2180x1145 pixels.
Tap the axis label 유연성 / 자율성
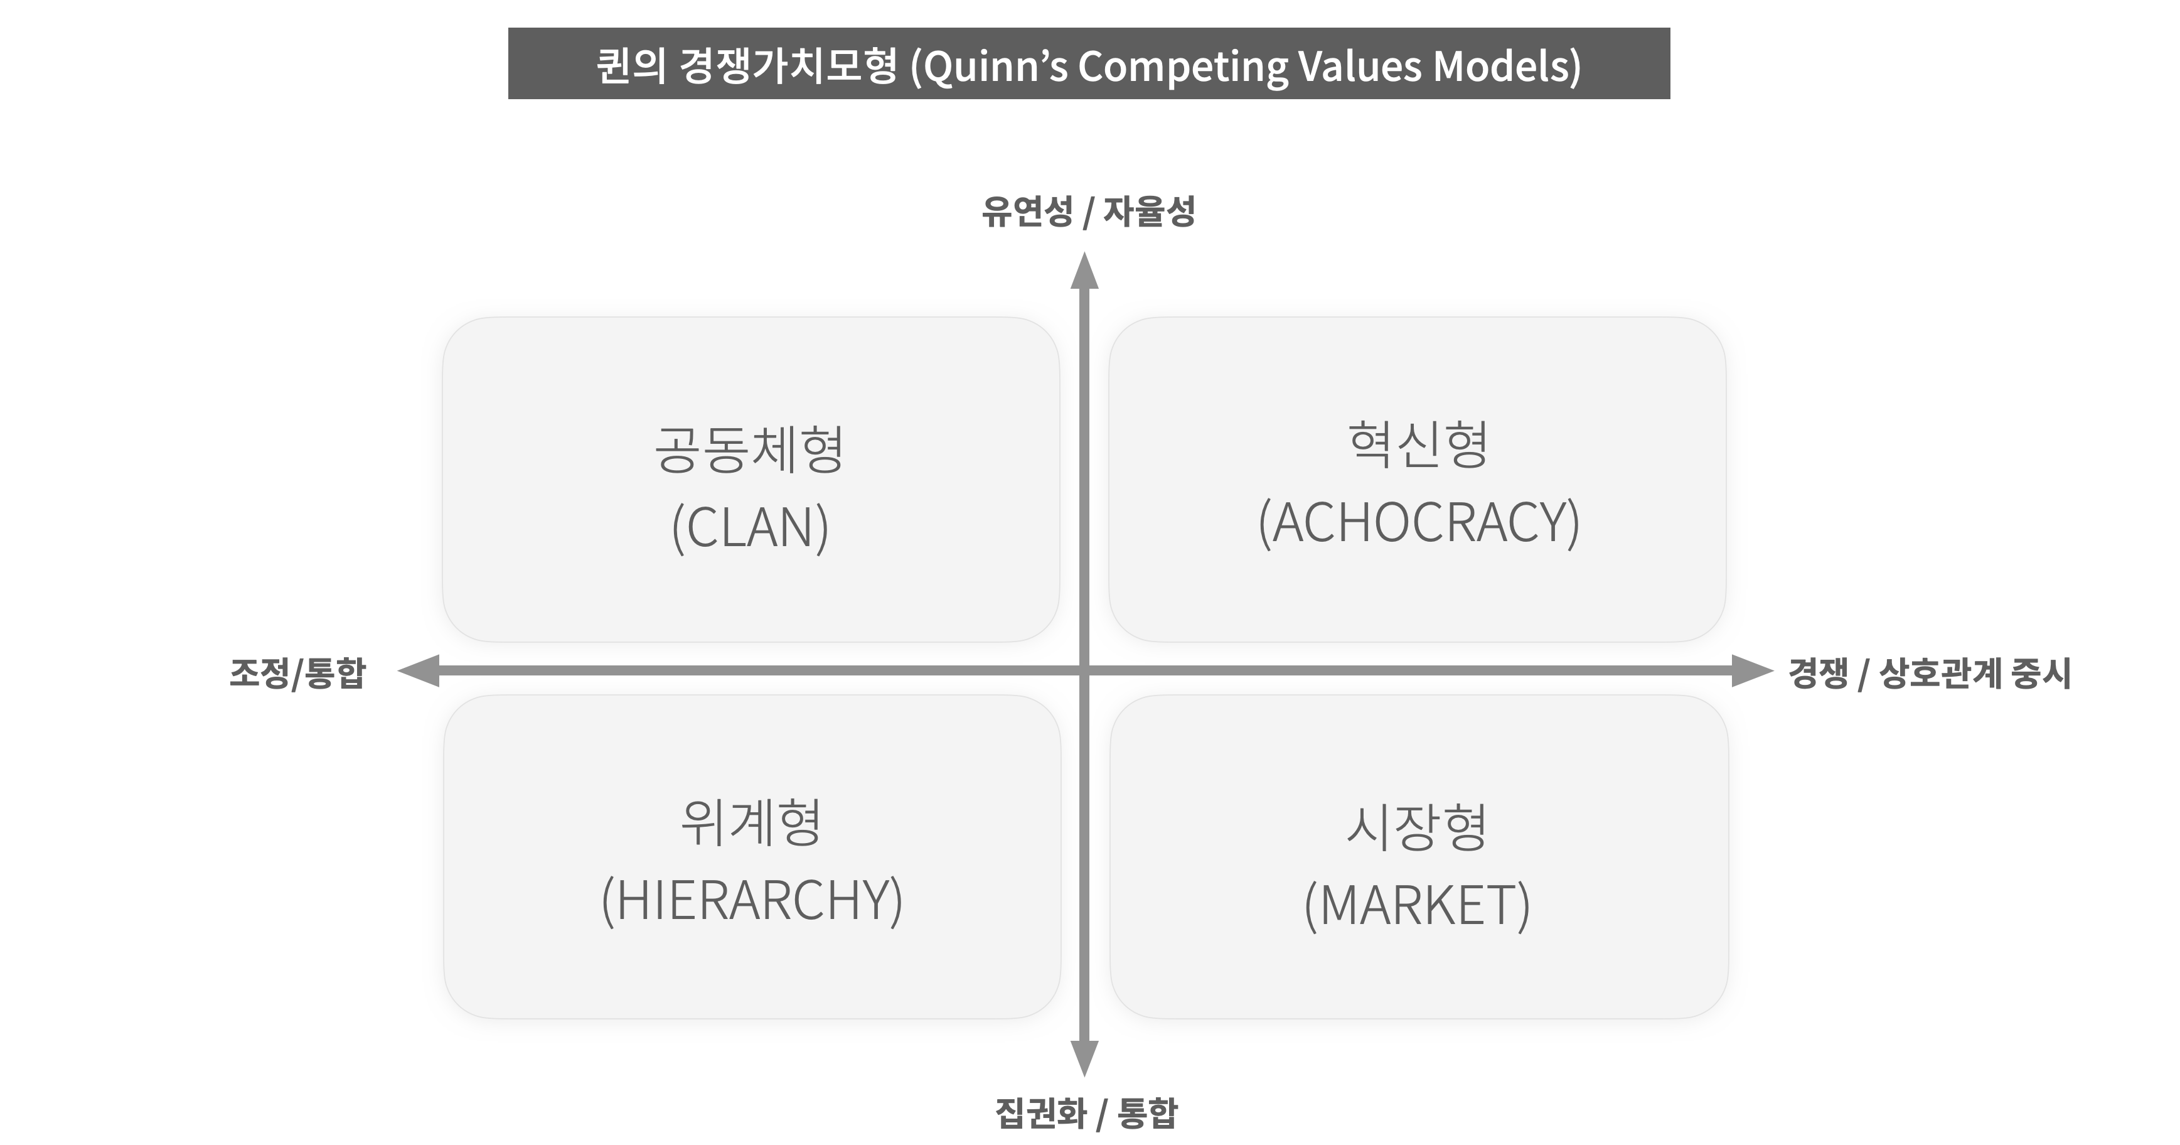[x=1087, y=211]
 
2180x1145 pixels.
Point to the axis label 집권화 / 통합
[x=1086, y=1113]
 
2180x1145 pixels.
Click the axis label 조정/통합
[x=297, y=674]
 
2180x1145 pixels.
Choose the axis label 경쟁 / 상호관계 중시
[x=1928, y=674]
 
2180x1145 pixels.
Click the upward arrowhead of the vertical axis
[x=1084, y=271]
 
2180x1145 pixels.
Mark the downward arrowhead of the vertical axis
[x=1084, y=1058]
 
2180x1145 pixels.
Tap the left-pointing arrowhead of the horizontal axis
[x=418, y=671]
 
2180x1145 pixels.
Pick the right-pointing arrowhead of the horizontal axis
[x=1752, y=671]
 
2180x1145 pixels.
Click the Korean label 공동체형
[x=749, y=449]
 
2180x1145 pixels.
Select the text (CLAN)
[x=750, y=527]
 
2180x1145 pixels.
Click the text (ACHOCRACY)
[x=1418, y=522]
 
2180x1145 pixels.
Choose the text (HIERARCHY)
[x=752, y=900]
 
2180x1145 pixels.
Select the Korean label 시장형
[x=1418, y=826]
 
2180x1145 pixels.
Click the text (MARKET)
[x=1418, y=905]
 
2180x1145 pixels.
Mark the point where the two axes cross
[x=1084, y=671]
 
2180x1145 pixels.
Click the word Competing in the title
[x=1182, y=66]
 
